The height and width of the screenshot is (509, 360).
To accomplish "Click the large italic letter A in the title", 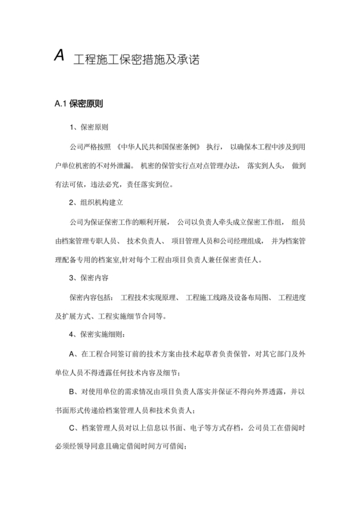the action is pos(59,57).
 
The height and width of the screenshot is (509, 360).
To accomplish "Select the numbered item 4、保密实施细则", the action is pos(98,335).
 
